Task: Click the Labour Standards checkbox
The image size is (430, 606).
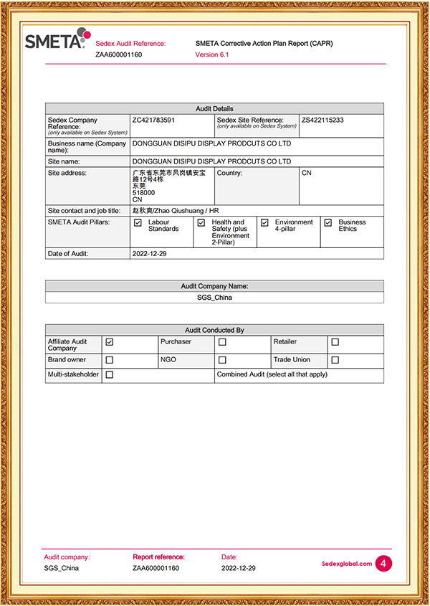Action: pyautogui.click(x=138, y=223)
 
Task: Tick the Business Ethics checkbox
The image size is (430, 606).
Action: pyautogui.click(x=328, y=223)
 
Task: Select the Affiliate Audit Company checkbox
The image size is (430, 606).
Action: pyautogui.click(x=109, y=343)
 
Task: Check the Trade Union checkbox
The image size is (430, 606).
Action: pyautogui.click(x=335, y=360)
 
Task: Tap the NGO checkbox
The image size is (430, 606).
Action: pyautogui.click(x=222, y=360)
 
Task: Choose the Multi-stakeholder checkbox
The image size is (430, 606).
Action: pyautogui.click(x=109, y=375)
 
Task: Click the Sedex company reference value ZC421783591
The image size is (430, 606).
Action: pyautogui.click(x=153, y=120)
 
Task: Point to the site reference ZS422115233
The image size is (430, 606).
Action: pyautogui.click(x=322, y=120)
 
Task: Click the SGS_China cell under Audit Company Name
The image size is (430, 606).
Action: pyautogui.click(x=214, y=297)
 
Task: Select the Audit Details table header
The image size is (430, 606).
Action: pyautogui.click(x=214, y=109)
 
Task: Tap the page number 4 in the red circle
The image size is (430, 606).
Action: pyautogui.click(x=384, y=564)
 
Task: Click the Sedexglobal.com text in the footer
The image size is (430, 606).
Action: pyautogui.click(x=348, y=564)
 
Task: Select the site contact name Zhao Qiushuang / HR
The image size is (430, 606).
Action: pyautogui.click(x=176, y=211)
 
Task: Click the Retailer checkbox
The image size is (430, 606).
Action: pyautogui.click(x=335, y=343)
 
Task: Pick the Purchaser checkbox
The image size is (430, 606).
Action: pyautogui.click(x=222, y=343)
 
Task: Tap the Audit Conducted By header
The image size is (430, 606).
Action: pyautogui.click(x=214, y=330)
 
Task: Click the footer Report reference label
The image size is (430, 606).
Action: pyautogui.click(x=158, y=557)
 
